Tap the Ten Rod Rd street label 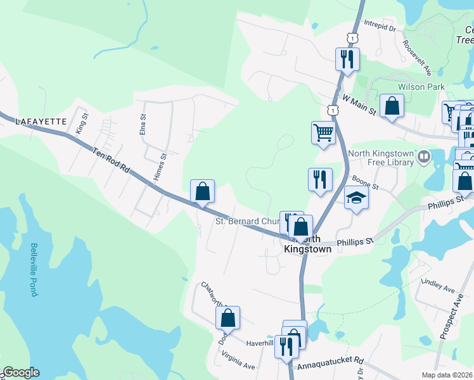110,161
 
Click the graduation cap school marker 356,198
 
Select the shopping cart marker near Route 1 323,133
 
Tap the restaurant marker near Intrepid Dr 347,60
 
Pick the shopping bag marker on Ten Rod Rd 202,191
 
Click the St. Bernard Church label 247,222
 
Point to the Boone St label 366,184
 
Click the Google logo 21,372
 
